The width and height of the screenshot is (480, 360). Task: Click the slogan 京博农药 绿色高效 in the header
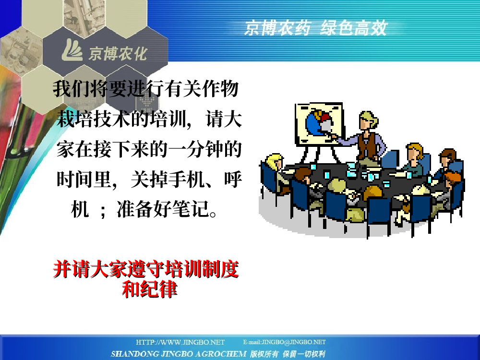tap(316, 28)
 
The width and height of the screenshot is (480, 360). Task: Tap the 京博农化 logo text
tap(118, 54)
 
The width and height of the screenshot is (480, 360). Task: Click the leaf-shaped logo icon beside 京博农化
tap(72, 50)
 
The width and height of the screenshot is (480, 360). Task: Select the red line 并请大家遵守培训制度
tap(146, 269)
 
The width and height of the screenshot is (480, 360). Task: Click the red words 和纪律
tap(150, 288)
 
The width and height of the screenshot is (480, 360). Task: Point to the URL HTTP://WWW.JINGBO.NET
tap(180, 342)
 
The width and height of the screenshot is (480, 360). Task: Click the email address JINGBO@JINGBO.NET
tap(294, 342)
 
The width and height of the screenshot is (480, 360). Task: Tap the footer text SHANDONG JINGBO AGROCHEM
tap(179, 354)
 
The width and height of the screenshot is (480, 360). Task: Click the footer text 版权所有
tap(264, 354)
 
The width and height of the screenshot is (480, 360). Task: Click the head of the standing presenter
tap(368, 120)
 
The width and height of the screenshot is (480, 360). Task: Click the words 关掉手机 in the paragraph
tap(168, 180)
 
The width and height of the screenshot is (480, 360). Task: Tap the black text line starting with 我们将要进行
tap(146, 89)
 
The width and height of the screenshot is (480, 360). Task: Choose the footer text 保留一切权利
tap(304, 354)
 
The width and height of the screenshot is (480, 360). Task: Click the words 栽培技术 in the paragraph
tap(94, 120)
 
